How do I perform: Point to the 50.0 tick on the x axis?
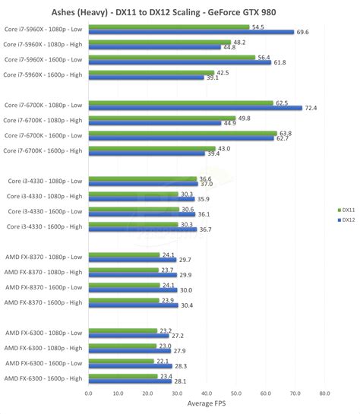tap(235, 393)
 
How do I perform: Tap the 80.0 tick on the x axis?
tap(324, 393)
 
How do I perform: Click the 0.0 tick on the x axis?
tap(89, 393)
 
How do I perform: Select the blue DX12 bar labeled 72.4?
tap(195, 108)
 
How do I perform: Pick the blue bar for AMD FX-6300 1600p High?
tap(130, 381)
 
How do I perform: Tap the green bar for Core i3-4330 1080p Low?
tap(142, 179)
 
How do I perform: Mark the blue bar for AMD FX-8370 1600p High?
tap(133, 305)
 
